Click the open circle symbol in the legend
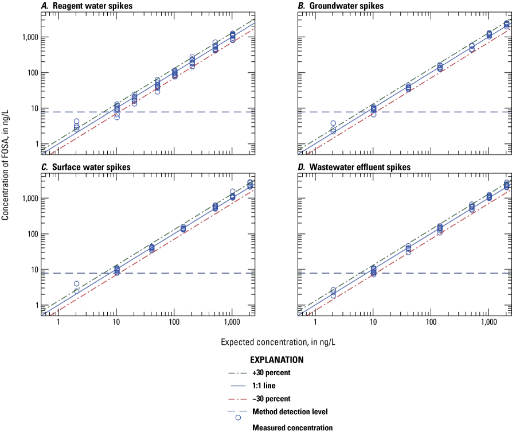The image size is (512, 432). pos(238,418)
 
